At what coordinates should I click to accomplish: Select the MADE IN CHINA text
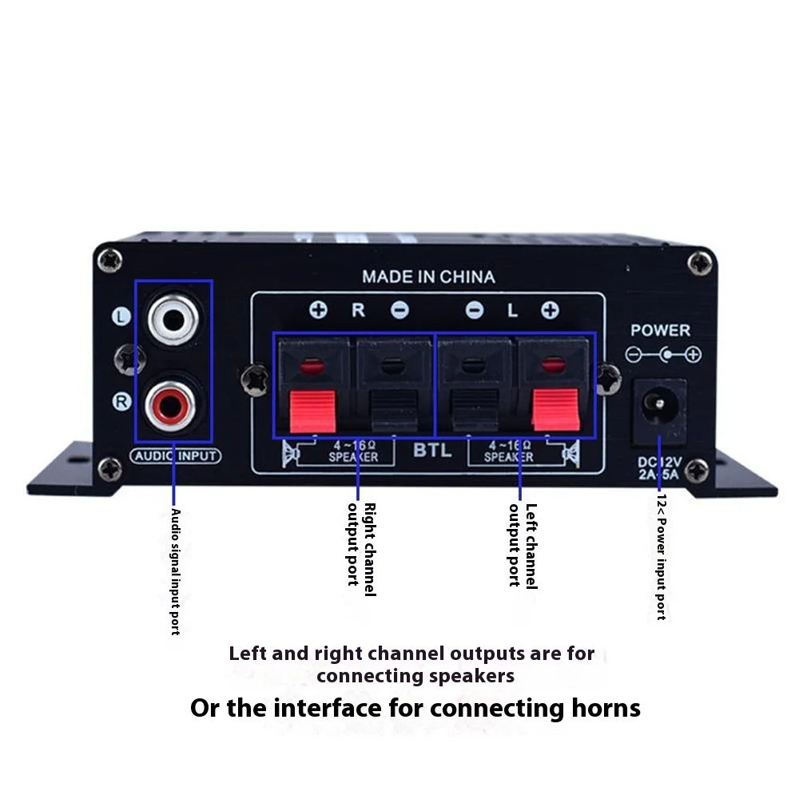428,277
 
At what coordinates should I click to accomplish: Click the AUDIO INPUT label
174,456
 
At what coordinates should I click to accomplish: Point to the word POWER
660,330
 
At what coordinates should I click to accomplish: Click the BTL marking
432,451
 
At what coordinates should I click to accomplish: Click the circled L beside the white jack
121,317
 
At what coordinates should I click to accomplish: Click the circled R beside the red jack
121,401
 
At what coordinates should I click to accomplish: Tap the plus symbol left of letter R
319,310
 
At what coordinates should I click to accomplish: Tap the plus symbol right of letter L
550,311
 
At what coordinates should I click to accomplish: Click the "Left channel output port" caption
523,545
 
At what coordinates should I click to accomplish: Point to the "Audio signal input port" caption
176,572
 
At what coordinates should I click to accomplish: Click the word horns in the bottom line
602,708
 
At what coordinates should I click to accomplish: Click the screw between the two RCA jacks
126,359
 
